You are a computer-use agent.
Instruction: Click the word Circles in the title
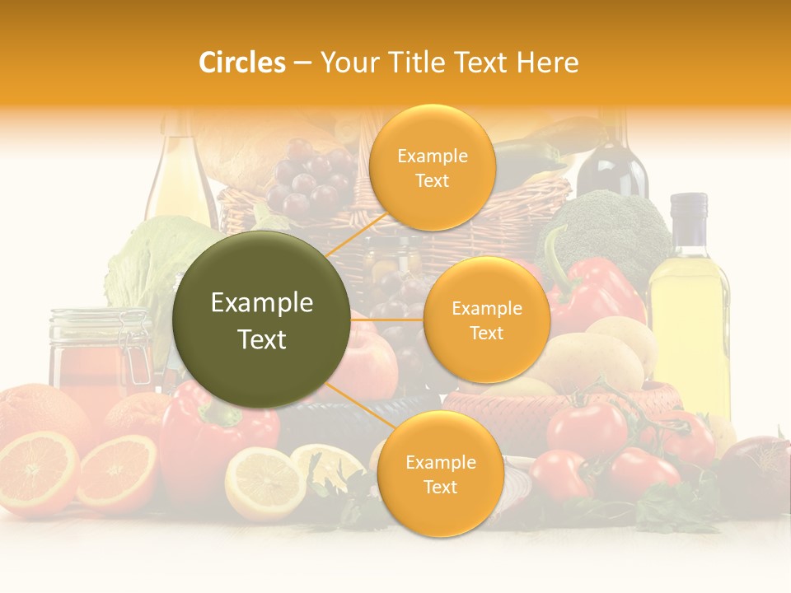tap(241, 63)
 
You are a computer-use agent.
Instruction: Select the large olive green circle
tap(262, 320)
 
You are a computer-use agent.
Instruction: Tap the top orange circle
tap(432, 167)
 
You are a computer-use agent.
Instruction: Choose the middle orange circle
tap(486, 320)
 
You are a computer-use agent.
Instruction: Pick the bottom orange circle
tap(440, 474)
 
